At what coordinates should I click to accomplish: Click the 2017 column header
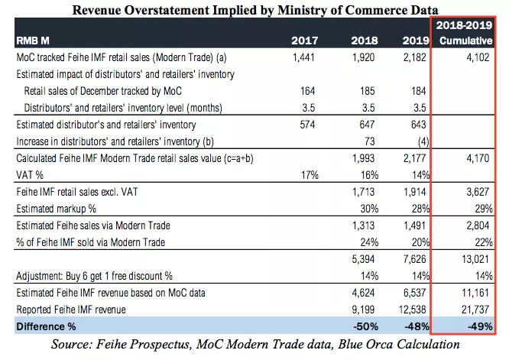(304, 41)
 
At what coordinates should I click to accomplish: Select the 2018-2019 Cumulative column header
(465, 33)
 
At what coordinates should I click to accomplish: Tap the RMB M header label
(33, 41)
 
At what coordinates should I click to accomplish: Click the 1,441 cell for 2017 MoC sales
(303, 57)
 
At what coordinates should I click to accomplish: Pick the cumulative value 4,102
(478, 57)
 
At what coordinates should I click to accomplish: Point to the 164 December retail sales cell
(307, 91)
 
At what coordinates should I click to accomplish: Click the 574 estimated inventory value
(307, 125)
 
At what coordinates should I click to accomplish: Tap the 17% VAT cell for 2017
(310, 175)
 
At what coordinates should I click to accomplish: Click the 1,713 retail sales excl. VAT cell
(363, 192)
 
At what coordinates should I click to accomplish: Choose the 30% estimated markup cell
(369, 209)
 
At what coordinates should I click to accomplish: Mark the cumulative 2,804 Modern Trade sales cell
(478, 225)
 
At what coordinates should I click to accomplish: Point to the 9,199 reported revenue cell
(363, 310)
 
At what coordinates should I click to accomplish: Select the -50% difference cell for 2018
(365, 326)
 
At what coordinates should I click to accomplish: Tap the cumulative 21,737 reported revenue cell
(475, 310)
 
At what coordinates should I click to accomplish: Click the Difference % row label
(46, 326)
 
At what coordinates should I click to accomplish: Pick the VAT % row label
(30, 175)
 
